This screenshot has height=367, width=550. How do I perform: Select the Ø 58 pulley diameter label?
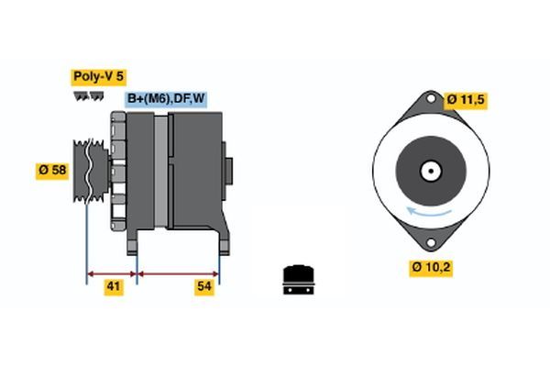pos(51,171)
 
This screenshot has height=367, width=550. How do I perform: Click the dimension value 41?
pos(113,288)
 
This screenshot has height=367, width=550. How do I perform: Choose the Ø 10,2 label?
pos(431,267)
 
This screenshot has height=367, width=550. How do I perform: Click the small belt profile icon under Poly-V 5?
pos(89,95)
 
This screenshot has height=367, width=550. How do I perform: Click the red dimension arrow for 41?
pos(112,272)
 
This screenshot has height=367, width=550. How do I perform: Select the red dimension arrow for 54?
pos(178,272)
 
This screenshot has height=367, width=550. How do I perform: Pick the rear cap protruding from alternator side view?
pos(229,171)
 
